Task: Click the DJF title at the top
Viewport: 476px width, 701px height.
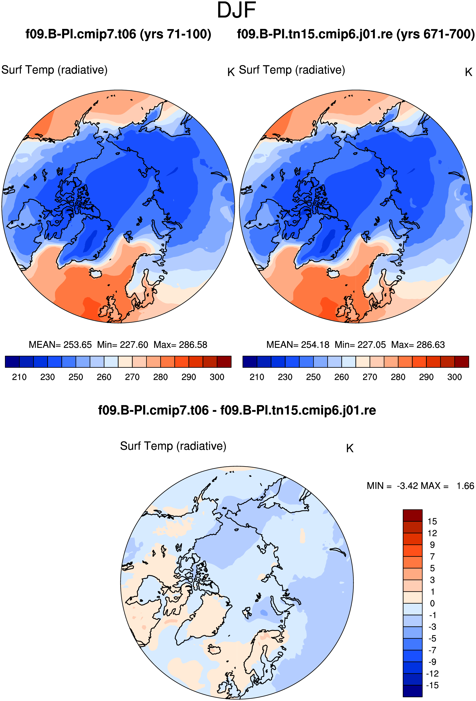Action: coord(236,10)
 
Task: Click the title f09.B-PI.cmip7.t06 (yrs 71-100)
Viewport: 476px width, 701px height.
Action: coord(118,34)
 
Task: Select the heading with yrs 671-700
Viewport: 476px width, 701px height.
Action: coord(356,34)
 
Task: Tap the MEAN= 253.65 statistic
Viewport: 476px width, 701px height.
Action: coord(60,345)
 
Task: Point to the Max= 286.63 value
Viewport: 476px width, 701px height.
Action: coord(418,345)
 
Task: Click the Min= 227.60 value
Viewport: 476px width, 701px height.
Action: coord(122,345)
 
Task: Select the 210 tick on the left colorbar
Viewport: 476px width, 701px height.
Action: coord(19,377)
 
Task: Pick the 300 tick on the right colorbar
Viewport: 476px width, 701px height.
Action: coord(455,377)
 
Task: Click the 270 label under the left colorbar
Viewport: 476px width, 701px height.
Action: coord(132,377)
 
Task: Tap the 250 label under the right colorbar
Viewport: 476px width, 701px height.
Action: coord(313,377)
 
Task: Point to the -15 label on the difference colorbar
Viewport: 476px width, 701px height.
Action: coord(432,685)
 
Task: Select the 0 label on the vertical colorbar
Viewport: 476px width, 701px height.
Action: coord(432,604)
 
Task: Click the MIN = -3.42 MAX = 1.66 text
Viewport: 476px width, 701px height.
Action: coord(421,486)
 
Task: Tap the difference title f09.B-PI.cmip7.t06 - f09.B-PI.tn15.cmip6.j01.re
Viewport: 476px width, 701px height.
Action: coord(237,411)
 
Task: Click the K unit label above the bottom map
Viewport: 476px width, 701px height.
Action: coord(350,449)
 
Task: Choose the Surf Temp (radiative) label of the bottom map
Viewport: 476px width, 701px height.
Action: coord(173,446)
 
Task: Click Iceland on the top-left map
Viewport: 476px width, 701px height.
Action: coord(96,273)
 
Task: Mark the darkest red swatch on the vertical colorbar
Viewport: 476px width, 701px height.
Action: coord(413,515)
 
